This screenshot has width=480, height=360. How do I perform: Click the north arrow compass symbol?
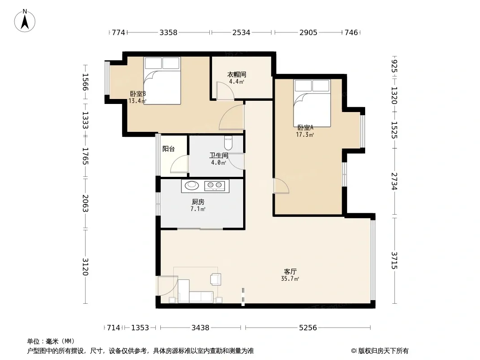[25, 21]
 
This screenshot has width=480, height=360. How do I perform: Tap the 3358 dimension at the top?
[168, 32]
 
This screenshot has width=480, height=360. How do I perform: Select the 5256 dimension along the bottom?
[308, 328]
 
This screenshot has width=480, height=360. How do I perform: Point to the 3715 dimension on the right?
[394, 260]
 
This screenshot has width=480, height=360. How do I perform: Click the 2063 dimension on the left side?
[86, 203]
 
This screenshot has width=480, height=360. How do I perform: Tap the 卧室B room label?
[138, 94]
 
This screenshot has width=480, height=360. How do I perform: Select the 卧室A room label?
[305, 127]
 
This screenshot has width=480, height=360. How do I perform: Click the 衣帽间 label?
[237, 74]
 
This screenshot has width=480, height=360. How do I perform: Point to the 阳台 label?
[168, 149]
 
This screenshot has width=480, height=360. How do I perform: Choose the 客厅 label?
[290, 272]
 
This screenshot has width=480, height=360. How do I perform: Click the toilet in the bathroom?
[228, 142]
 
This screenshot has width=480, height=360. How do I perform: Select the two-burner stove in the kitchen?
[214, 185]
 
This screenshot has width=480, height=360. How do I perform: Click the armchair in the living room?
[216, 279]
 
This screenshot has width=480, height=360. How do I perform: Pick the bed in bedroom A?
[312, 103]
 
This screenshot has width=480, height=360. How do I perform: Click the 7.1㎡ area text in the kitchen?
[198, 209]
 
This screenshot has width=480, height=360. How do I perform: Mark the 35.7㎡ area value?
[290, 279]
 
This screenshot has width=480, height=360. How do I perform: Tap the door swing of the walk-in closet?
[225, 90]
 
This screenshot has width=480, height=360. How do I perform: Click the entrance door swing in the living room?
[168, 286]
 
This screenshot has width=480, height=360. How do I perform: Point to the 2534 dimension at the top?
[241, 32]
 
